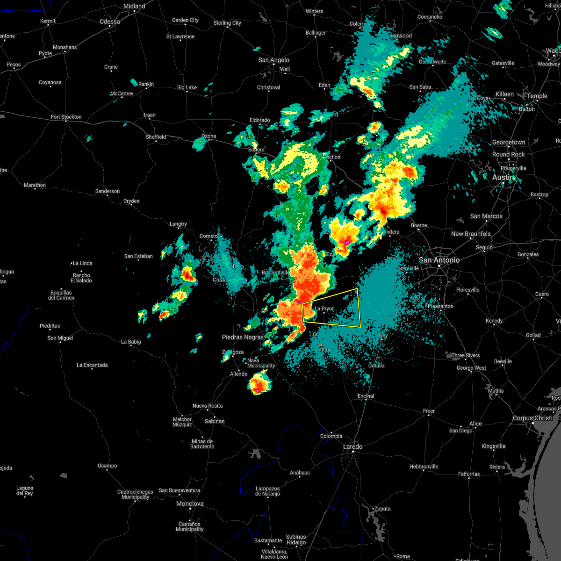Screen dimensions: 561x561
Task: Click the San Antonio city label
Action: [x=439, y=260]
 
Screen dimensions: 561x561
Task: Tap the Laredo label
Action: [x=352, y=446]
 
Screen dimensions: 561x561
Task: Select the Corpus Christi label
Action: [x=532, y=418]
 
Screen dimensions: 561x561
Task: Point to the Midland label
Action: [x=134, y=6]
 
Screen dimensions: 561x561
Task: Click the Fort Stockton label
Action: [x=66, y=117]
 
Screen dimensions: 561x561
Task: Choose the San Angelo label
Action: [x=273, y=60]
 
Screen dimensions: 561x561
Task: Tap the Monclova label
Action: [x=190, y=503]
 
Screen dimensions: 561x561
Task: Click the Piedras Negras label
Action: [x=243, y=337]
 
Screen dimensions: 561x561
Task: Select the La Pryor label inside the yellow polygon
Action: [x=324, y=309]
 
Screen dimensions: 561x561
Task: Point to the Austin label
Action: [x=502, y=178]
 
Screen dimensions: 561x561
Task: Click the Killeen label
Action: [x=504, y=94]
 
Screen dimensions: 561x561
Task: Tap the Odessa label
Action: [x=109, y=22]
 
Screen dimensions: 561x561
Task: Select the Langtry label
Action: [x=178, y=224]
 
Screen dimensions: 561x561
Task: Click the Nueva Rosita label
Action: [x=208, y=406]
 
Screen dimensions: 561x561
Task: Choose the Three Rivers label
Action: [x=466, y=355]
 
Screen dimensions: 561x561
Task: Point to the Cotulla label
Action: [x=376, y=365]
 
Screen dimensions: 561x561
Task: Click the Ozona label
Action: [x=209, y=136]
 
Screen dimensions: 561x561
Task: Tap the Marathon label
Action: [x=35, y=185]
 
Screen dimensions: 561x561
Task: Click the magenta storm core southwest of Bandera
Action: [x=346, y=242]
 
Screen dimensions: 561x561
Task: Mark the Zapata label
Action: [x=382, y=509]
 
